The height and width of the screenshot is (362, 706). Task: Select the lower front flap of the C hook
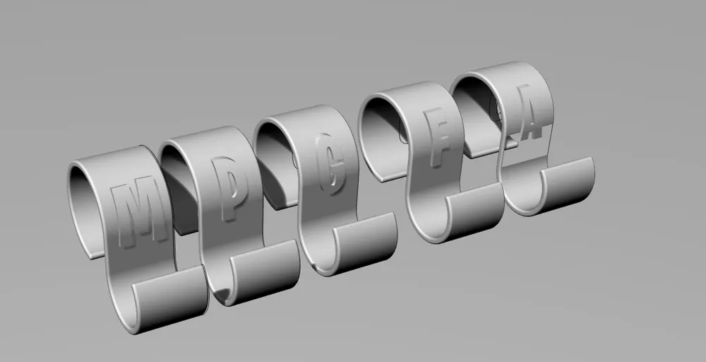(365, 243)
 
